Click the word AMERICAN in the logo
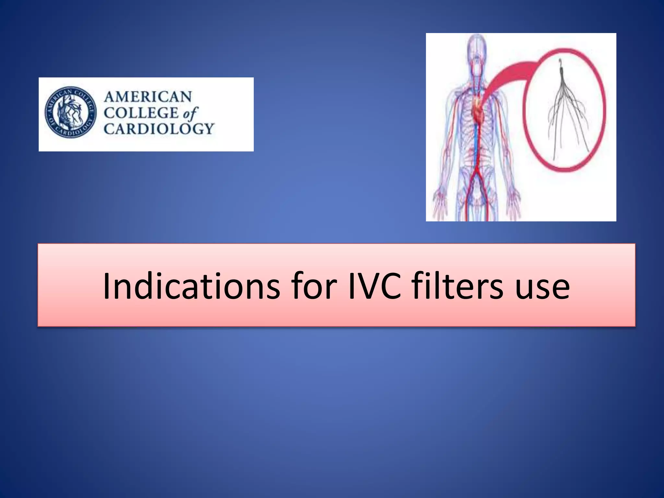148,97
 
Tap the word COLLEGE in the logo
141,113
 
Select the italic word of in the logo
190,113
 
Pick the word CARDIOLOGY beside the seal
159,129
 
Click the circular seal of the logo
71,112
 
